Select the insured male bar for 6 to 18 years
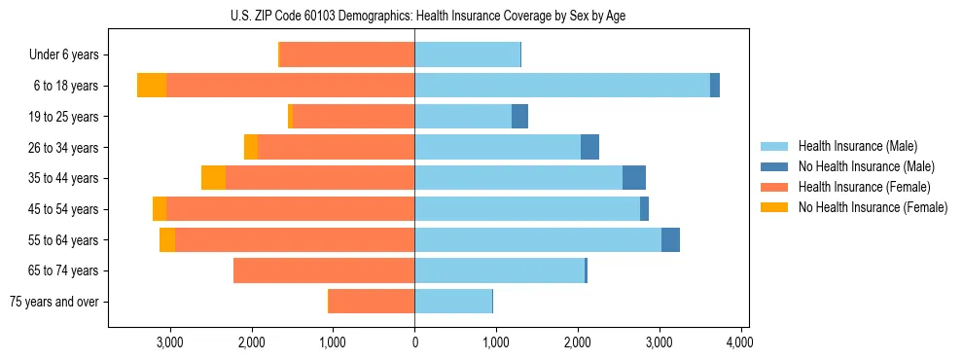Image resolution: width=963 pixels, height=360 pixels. pos(562,86)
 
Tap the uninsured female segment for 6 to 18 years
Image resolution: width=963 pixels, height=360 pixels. pos(152,86)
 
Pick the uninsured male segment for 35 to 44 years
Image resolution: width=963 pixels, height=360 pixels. pos(634,178)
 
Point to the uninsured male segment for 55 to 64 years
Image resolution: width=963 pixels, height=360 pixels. pos(670,240)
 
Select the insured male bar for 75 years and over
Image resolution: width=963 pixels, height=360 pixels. pos(453,302)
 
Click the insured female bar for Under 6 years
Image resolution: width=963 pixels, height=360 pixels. pos(347,55)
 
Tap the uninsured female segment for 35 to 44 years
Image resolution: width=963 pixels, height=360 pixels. pos(213,178)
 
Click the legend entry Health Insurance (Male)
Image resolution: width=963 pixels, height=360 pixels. pos(857,146)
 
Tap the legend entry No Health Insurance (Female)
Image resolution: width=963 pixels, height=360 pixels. pos(872,207)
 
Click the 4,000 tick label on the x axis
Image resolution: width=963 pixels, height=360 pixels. pos(740,342)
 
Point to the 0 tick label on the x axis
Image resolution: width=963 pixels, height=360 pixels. pos(414,342)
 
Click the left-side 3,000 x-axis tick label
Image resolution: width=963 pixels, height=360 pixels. pos(170,342)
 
